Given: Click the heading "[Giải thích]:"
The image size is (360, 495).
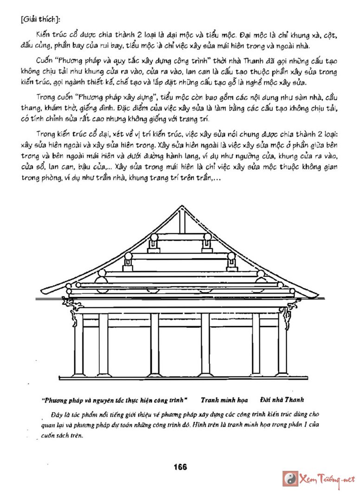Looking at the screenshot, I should click(x=37, y=20).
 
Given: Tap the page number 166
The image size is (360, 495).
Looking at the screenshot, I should click(x=180, y=467).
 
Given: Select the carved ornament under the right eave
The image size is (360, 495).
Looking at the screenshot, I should click(x=291, y=307).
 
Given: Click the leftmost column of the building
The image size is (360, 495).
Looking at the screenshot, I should click(x=78, y=343).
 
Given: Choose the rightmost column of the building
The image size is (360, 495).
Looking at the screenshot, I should click(x=282, y=343).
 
